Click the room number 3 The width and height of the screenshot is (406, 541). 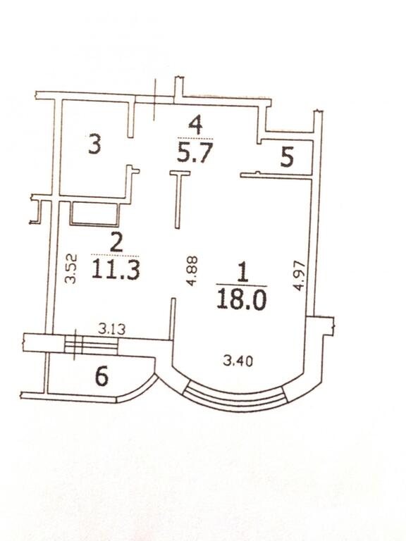(x=94, y=144)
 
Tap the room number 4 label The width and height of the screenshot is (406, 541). (x=196, y=125)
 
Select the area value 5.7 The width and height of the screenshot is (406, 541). (x=194, y=152)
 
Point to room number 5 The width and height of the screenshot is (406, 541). (x=288, y=157)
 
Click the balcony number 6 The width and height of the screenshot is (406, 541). (x=101, y=375)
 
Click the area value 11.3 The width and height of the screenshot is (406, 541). (x=116, y=269)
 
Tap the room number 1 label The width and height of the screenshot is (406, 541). (x=243, y=272)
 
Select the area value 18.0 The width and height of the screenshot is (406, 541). (x=242, y=299)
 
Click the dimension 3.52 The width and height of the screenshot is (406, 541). (x=70, y=269)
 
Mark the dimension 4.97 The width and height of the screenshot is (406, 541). (x=300, y=275)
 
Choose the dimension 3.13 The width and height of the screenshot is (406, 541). (x=111, y=329)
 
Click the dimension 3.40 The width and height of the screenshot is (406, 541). (x=238, y=361)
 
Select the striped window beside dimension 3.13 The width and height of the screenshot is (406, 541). (x=91, y=345)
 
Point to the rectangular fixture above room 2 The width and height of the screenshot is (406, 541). (x=95, y=213)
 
